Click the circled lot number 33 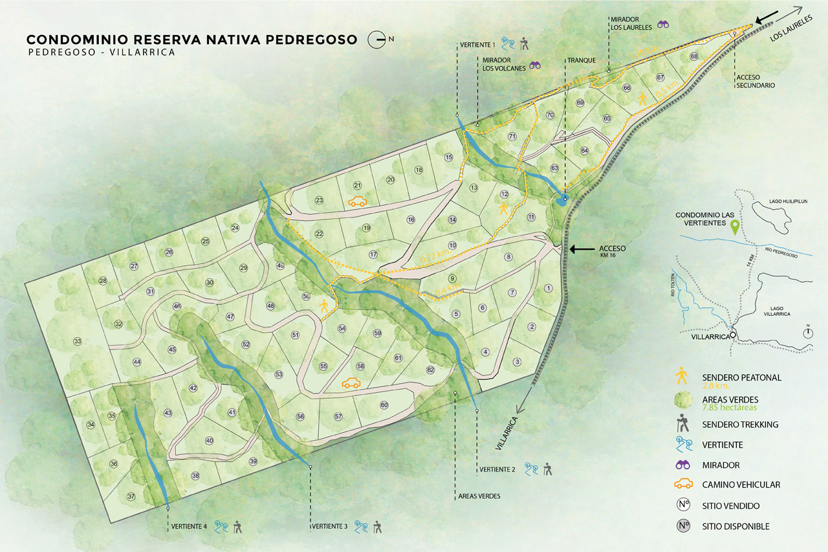coord(78,341)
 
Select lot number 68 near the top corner coord(694,56)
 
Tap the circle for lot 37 coord(131,496)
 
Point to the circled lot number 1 coord(549,289)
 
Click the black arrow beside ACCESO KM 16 coord(582,248)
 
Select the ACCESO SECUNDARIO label coord(755,80)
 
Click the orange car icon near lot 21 coord(357,202)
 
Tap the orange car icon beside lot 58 coord(351,383)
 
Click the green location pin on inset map coord(734,227)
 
